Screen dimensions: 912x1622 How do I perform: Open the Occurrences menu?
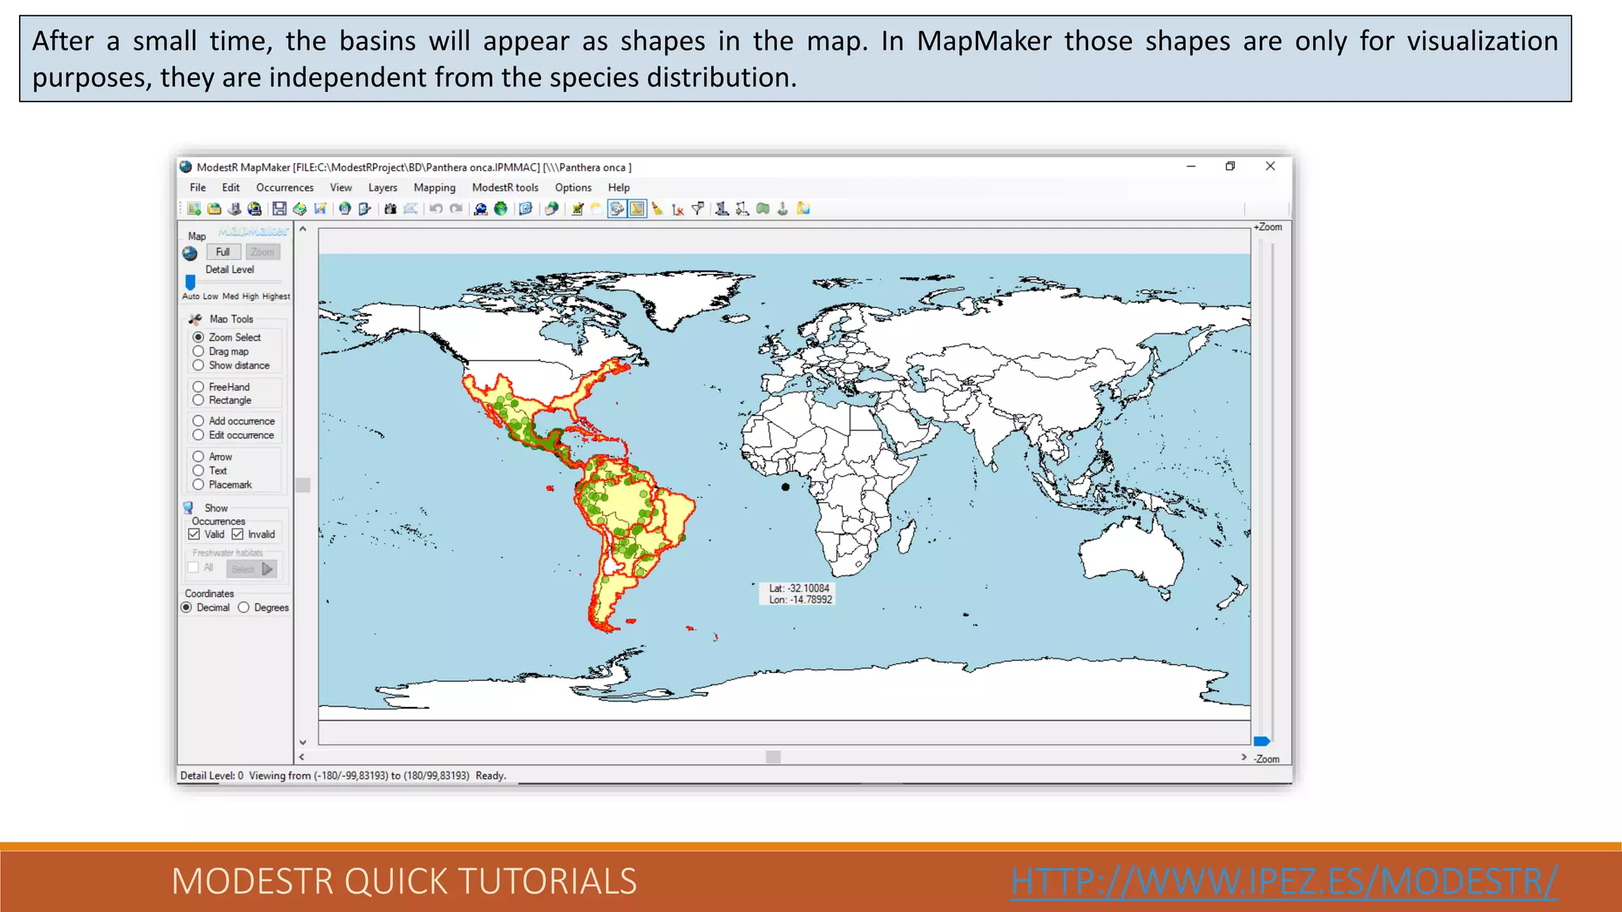[x=284, y=188]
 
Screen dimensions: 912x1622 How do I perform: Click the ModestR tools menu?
[x=504, y=188]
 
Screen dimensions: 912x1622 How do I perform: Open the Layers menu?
[x=383, y=188]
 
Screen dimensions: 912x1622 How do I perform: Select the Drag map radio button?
[x=199, y=351]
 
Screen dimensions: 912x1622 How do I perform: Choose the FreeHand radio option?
[x=199, y=387]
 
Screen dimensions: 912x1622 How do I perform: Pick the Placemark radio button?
[x=199, y=484]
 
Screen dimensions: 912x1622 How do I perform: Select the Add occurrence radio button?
[x=199, y=421]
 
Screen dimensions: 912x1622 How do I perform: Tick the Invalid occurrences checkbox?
[x=238, y=534]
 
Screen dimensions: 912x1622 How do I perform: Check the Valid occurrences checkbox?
[x=194, y=534]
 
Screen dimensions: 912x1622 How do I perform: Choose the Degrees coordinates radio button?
[x=244, y=608]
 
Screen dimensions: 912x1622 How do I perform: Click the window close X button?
[x=1270, y=166]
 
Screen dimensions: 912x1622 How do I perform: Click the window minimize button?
[x=1191, y=166]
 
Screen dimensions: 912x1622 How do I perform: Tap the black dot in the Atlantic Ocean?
[x=786, y=487]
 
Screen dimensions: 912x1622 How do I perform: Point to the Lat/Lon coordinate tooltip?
[x=799, y=594]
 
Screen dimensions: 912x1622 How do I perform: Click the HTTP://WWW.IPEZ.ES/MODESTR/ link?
[x=1284, y=881]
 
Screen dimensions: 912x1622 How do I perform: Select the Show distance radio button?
[x=199, y=366]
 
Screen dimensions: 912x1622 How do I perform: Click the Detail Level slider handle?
[x=190, y=282]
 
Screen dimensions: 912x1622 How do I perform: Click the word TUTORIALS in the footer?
[x=547, y=881]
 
